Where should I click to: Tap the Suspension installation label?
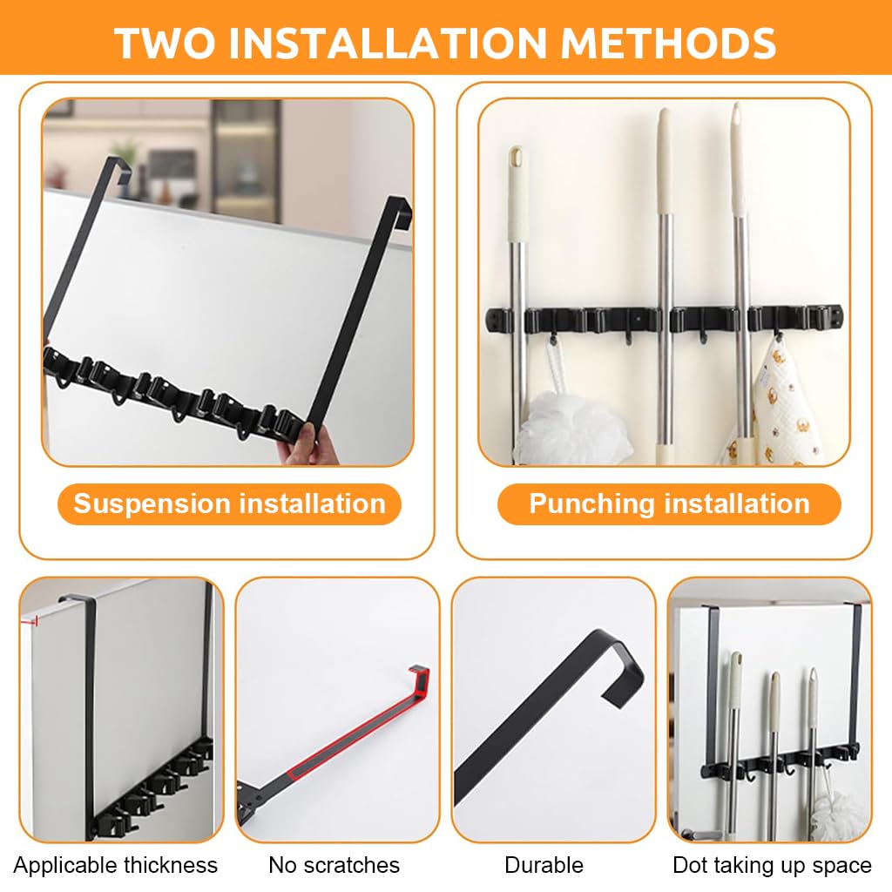coord(229,503)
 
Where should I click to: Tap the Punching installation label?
coord(669,503)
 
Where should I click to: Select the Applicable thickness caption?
coord(115,865)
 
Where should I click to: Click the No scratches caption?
coord(334,865)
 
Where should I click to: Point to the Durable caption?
coord(544,865)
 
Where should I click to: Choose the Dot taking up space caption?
coord(772,865)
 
